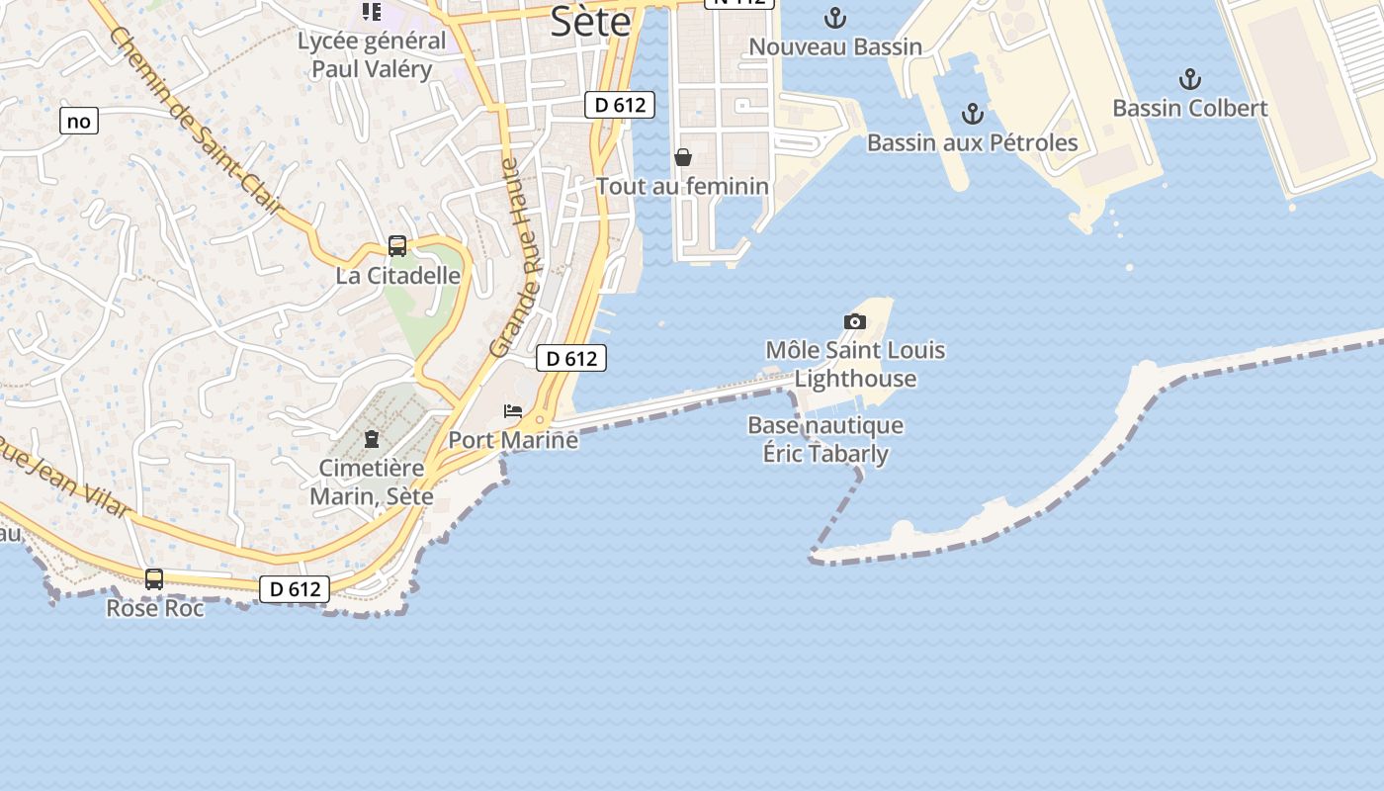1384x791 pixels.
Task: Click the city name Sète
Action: (x=590, y=21)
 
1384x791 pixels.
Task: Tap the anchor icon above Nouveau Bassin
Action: (x=835, y=18)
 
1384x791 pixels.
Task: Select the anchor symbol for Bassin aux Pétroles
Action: (x=973, y=114)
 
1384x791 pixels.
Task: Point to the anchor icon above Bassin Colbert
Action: (x=1189, y=79)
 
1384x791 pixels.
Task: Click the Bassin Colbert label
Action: (x=1189, y=108)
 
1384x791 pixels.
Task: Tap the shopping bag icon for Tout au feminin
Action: (x=682, y=157)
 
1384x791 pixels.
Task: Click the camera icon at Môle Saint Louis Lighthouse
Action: (x=855, y=321)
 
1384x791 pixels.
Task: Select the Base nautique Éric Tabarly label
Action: (x=825, y=440)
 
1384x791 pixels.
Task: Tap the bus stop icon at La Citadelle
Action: (x=397, y=246)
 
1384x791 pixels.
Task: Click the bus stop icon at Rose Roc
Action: (x=154, y=579)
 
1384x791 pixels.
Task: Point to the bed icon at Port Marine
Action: (x=513, y=410)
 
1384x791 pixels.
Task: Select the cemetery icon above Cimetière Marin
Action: (x=372, y=439)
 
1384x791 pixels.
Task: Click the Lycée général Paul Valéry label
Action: (x=372, y=55)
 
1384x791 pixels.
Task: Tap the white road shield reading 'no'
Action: (x=79, y=122)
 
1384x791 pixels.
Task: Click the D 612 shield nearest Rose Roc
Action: (x=295, y=589)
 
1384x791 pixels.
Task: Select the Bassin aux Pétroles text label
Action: (x=972, y=142)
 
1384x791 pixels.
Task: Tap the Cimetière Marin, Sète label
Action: (x=372, y=482)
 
